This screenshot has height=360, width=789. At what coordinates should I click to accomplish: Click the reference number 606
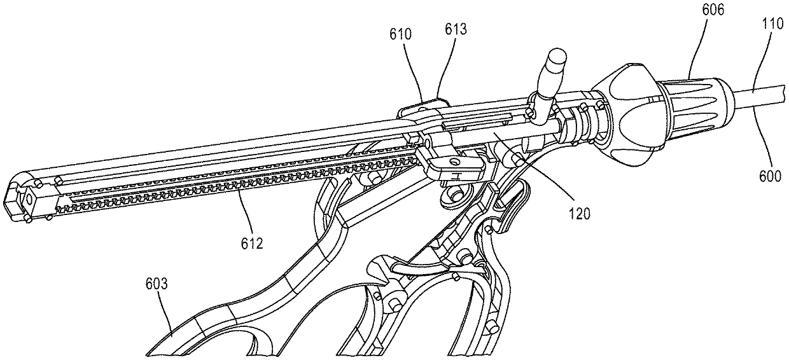(713, 10)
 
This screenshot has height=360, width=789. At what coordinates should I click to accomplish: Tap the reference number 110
(773, 24)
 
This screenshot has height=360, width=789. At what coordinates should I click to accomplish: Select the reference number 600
(770, 176)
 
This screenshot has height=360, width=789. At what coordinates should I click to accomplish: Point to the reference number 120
(580, 214)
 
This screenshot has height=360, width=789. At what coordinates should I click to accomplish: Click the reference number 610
(400, 34)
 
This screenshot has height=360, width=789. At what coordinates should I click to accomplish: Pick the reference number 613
(456, 29)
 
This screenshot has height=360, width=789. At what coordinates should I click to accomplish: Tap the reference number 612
(252, 243)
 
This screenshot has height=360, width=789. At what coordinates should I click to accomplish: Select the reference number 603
(157, 284)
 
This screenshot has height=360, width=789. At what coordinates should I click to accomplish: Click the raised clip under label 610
(422, 110)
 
